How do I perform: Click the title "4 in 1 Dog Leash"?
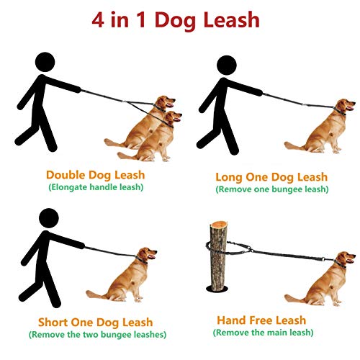tap(176, 19)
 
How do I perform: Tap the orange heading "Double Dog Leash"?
tap(95, 174)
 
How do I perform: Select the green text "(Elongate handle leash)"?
tap(95, 186)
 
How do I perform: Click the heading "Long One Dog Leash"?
tap(271, 176)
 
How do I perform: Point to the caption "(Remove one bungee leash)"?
tap(271, 189)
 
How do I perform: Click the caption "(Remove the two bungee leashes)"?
tap(96, 334)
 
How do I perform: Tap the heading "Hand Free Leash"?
tap(261, 320)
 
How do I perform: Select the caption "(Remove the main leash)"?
tap(262, 332)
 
